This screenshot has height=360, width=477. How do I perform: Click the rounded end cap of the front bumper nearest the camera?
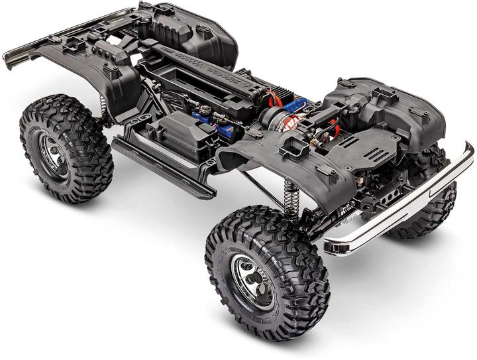331,246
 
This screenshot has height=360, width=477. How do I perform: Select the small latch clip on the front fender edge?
324,170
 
